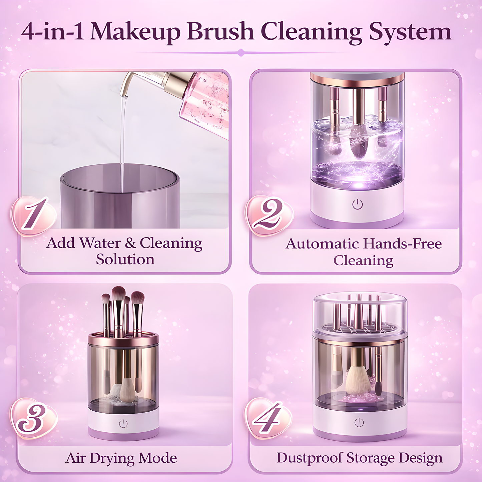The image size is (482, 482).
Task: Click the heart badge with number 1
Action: [x=33, y=215]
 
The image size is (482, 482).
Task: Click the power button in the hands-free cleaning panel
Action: [x=357, y=204]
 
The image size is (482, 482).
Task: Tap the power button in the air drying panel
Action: [x=123, y=424]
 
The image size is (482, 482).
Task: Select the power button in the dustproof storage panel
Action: [x=359, y=423]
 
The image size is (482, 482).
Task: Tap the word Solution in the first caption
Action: [x=125, y=260]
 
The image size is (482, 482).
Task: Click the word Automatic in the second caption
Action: [x=322, y=244]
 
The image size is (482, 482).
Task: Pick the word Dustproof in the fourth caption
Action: [x=309, y=458]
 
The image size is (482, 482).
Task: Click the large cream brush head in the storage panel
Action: [x=358, y=380]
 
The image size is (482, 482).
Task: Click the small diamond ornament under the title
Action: [x=241, y=52]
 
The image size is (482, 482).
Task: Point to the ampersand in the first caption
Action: [x=130, y=243]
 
